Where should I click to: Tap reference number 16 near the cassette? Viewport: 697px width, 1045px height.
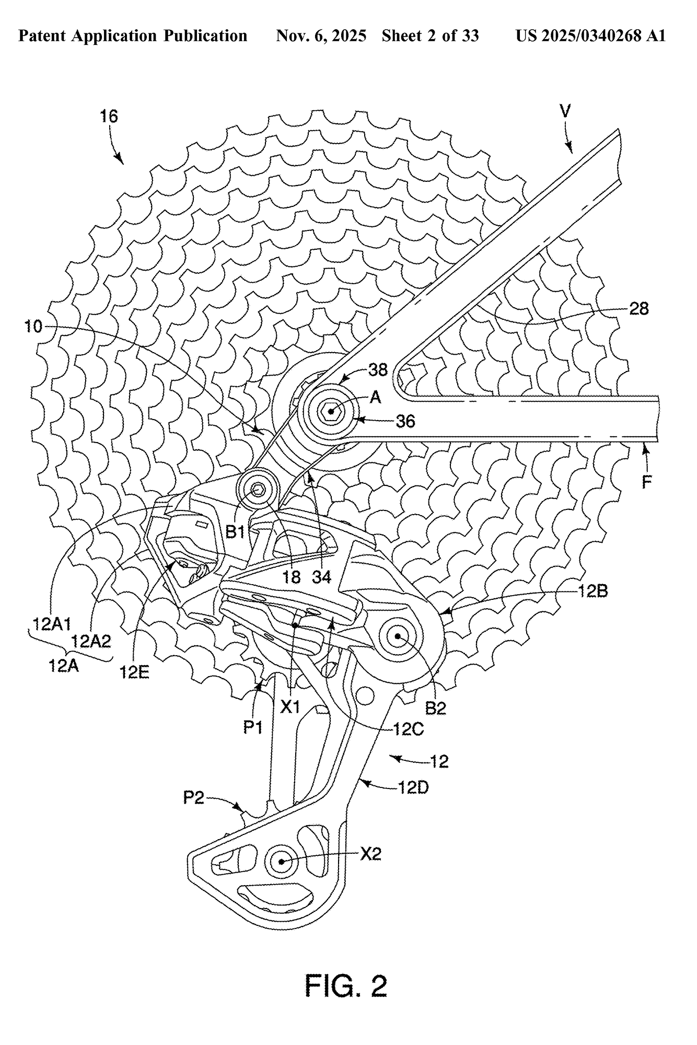[109, 116]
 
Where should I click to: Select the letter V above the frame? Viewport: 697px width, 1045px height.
[565, 111]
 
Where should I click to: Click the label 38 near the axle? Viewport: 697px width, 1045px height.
[378, 370]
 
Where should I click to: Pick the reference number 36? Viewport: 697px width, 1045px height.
[405, 421]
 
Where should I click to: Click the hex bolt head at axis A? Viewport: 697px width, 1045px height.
[331, 411]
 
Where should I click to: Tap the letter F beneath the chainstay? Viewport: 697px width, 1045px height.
[647, 482]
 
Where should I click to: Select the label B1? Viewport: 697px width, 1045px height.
[236, 532]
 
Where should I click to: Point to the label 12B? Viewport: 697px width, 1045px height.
[593, 591]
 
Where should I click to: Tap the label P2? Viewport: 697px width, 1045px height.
[193, 798]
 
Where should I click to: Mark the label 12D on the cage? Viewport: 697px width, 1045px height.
[413, 787]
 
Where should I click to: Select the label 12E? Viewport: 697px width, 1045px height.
[134, 672]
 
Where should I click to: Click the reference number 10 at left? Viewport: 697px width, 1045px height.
[33, 327]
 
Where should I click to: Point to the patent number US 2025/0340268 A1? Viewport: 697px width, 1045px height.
[590, 36]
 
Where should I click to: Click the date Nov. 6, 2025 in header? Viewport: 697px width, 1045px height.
[321, 36]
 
